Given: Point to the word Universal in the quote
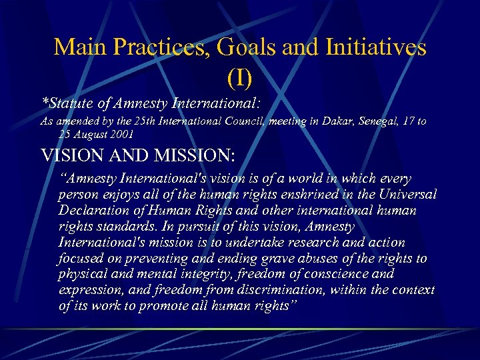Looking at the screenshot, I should (408, 195).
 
